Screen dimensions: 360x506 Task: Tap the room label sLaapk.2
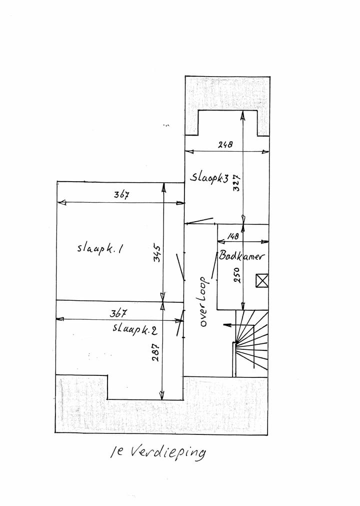pos(134,329)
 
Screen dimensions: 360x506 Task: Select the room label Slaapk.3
pos(209,177)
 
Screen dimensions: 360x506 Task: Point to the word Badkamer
pos(241,256)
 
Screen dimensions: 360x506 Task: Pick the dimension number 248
pos(225,144)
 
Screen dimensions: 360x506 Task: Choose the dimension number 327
pos(236,183)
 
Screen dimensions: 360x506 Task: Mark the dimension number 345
pos(157,254)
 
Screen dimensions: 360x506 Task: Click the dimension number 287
pos(155,352)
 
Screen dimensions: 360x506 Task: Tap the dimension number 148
pos(233,236)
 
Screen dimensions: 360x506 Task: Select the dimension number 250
pos(237,275)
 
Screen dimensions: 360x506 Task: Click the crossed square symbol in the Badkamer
pos(261,280)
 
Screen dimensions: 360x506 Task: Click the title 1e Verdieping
pos(157,452)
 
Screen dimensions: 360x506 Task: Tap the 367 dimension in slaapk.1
pos(121,195)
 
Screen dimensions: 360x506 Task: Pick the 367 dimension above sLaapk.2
pos(118,313)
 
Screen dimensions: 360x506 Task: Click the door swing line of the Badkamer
pos(214,266)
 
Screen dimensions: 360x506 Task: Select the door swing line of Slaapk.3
pos(199,220)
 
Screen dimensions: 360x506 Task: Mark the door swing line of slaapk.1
pos(180,267)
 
